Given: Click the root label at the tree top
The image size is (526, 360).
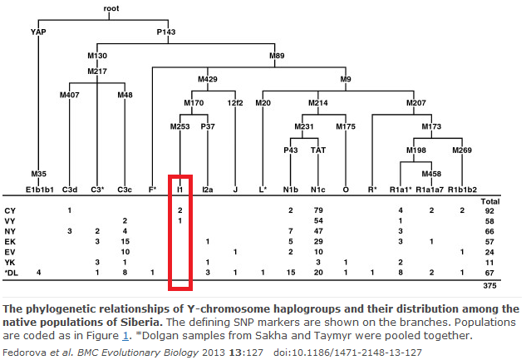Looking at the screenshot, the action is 111,8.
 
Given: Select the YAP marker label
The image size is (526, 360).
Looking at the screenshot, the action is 37,32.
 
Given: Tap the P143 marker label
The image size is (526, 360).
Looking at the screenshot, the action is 166,32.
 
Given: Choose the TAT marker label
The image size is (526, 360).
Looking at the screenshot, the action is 317,150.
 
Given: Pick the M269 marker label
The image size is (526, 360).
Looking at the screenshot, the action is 462,150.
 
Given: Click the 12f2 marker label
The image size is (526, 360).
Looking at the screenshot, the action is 236,103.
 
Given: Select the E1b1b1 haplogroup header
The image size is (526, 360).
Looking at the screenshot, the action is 39,190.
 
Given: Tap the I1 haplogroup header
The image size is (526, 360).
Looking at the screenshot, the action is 180,190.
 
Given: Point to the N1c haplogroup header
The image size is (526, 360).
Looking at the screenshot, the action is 317,190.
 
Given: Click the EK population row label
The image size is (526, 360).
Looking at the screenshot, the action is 10,240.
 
